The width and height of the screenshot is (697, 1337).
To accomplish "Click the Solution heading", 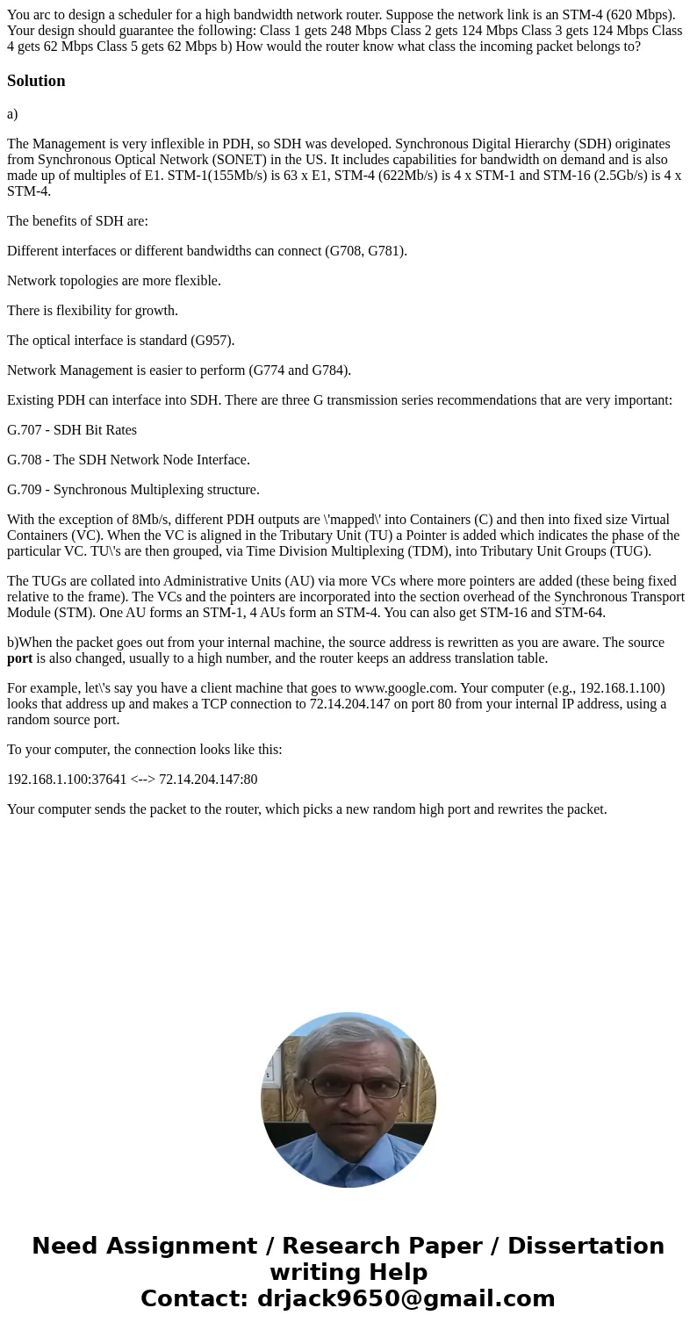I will (36, 81).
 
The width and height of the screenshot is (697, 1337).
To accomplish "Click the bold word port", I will (19, 658).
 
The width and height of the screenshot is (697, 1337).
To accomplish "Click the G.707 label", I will (23, 430).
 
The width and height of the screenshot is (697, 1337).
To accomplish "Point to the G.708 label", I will (23, 460).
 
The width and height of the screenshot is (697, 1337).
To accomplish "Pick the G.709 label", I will (23, 490).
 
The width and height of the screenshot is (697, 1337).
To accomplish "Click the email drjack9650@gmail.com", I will (406, 1299).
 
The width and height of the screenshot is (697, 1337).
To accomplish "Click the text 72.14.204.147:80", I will (208, 780).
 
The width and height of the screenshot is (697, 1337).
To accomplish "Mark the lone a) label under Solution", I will (12, 114).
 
